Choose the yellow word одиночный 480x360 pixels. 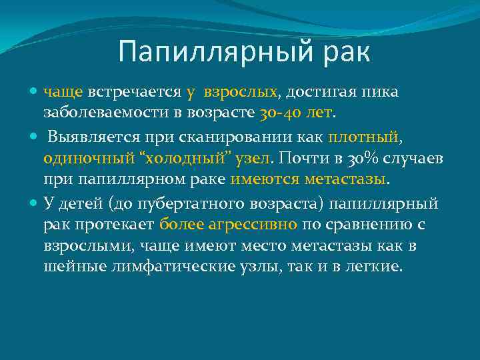[x=83, y=159]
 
